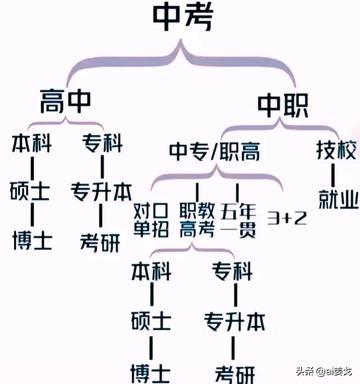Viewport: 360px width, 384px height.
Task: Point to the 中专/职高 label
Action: click(x=215, y=152)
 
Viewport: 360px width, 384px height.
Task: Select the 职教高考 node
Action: click(x=199, y=220)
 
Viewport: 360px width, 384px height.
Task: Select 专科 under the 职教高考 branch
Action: click(x=231, y=272)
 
